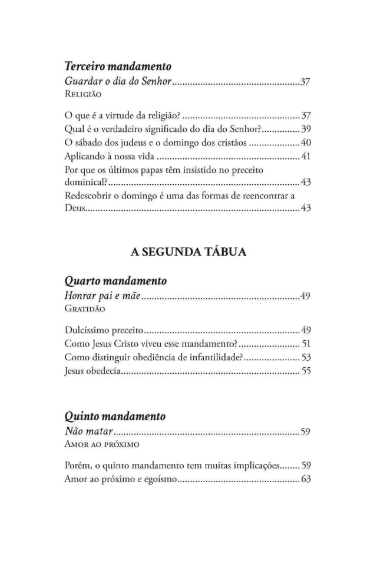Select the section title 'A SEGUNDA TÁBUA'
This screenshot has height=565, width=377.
coord(188,252)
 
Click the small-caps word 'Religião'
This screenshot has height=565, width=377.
coord(83,94)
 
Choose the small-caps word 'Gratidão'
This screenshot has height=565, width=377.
coord(85,307)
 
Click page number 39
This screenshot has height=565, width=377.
coord(305,128)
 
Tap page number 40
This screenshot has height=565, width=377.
coord(305,143)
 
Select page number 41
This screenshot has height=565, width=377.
coord(305,157)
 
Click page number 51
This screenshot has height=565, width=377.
coord(305,343)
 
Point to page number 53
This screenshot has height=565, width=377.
coord(305,357)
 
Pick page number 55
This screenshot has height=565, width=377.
coord(305,371)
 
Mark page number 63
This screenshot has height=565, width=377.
coord(305,479)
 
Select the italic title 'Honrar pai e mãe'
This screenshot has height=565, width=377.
coord(102,296)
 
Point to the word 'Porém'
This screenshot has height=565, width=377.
coord(77,465)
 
